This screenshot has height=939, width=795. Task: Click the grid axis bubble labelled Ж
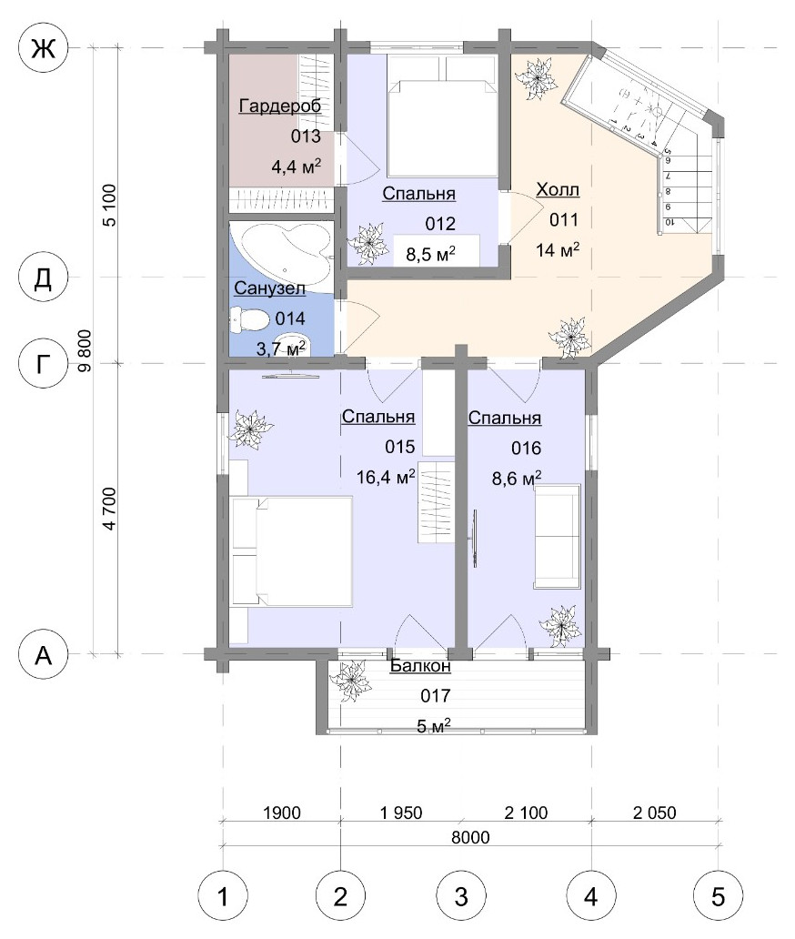(44, 47)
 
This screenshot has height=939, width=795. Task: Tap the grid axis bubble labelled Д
(44, 278)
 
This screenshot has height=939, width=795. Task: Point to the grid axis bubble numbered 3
(461, 896)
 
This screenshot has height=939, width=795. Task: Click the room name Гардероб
(280, 106)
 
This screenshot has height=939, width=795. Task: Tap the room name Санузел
(269, 288)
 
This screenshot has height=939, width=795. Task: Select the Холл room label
(558, 190)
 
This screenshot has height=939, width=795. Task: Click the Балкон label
(420, 666)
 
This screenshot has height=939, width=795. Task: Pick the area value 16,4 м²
(386, 477)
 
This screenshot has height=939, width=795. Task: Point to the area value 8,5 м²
(431, 254)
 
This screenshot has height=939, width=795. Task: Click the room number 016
(526, 448)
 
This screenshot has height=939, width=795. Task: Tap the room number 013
(306, 136)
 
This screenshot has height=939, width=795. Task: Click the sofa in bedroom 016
(558, 536)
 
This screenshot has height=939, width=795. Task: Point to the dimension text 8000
(470, 836)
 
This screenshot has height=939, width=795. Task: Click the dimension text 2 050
(654, 813)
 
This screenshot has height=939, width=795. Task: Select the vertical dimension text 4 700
(109, 509)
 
